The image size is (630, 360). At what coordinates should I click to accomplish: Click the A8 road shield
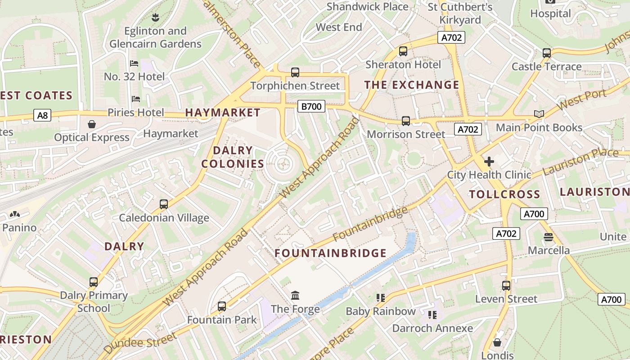tap(42, 116)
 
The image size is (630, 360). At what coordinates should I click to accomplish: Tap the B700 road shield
tap(311, 107)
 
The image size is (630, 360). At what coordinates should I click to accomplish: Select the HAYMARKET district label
tap(223, 112)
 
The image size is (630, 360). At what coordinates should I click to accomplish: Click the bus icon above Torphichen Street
tap(295, 72)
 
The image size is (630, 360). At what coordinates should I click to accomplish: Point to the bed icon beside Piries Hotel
tap(135, 99)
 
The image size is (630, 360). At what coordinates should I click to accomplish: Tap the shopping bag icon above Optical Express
tap(92, 124)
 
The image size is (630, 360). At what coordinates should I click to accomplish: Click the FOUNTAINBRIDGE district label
tap(330, 253)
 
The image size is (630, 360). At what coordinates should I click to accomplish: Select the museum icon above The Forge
tap(295, 296)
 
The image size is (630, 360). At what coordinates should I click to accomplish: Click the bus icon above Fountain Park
tap(221, 306)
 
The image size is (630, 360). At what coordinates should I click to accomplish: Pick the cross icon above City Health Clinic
tap(489, 161)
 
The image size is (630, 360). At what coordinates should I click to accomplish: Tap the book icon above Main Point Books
tap(539, 114)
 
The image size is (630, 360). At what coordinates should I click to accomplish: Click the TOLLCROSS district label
tap(504, 194)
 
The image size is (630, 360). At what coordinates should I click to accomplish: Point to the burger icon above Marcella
tap(548, 237)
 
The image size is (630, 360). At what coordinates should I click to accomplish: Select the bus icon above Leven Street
tap(506, 286)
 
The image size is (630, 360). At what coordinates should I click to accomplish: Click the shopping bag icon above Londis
tap(497, 342)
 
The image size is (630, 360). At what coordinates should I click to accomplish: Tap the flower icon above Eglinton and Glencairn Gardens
tap(155, 18)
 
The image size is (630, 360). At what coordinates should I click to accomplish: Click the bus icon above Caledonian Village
tap(164, 204)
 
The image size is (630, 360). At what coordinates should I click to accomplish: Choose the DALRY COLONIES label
tap(233, 157)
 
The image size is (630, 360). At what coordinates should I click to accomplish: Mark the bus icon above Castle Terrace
tap(547, 53)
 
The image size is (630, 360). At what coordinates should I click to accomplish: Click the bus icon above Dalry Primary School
tap(94, 282)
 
